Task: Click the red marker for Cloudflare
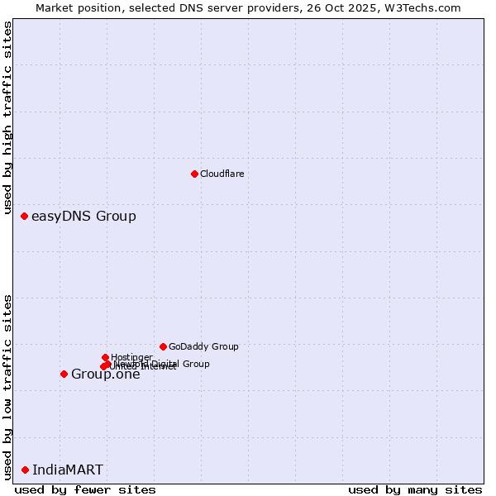pos(194,174)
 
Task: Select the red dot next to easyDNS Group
pos(24,216)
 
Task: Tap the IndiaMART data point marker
pos(25,470)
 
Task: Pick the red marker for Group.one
pos(64,374)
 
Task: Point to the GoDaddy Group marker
pos(163,346)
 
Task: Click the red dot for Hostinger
pos(105,357)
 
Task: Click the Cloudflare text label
pos(222,174)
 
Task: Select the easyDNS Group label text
pos(83,217)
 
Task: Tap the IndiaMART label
pos(68,470)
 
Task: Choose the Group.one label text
pos(106,374)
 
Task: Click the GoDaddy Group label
pos(203,347)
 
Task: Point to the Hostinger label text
pos(131,357)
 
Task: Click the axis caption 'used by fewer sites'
pos(85,489)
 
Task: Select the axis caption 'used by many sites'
pos(415,489)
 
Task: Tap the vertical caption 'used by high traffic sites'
pos(8,119)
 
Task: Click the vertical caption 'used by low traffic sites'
pos(8,386)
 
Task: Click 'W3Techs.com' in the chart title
pos(426,7)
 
